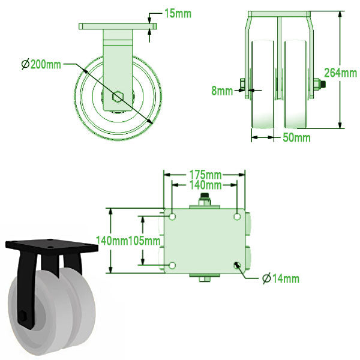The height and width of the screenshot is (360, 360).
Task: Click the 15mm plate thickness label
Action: [178, 13]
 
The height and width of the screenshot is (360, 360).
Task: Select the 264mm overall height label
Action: [340, 73]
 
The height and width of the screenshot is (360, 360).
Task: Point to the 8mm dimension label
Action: [221, 91]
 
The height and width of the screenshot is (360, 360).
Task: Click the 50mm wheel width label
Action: [296, 138]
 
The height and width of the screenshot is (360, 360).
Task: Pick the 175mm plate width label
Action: [205, 175]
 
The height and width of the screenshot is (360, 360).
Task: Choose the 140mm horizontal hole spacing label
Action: [205, 185]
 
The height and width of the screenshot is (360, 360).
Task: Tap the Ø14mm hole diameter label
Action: [280, 278]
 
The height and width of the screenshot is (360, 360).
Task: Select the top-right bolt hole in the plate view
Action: [238, 216]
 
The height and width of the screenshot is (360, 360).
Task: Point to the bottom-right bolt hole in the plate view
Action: [238, 265]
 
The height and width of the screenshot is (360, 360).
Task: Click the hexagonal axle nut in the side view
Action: [118, 96]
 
